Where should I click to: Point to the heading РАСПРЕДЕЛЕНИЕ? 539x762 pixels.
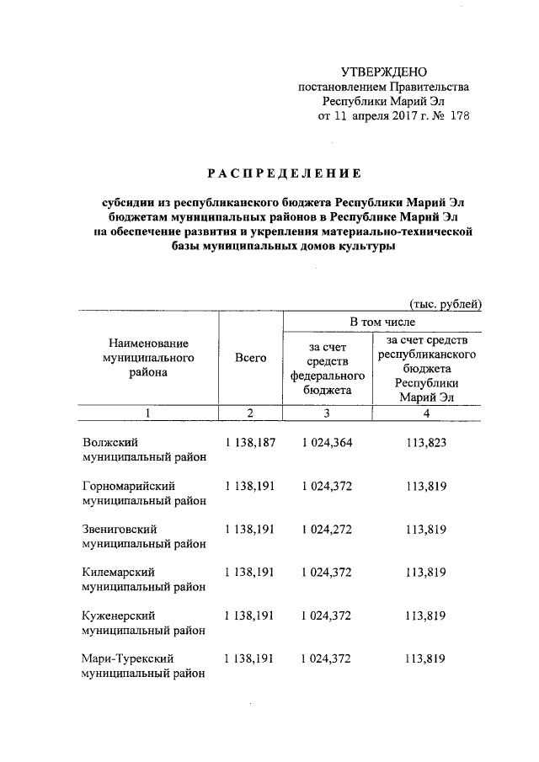coord(284,173)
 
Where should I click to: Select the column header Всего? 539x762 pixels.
coord(250,358)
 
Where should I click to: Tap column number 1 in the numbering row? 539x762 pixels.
coord(147,413)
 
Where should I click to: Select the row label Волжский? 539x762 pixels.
coord(110,442)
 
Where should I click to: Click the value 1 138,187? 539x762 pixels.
coord(250,442)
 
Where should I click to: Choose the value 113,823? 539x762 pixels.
coord(425,442)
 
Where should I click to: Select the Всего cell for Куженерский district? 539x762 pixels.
coord(250,615)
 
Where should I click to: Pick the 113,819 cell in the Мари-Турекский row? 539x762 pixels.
coord(425,659)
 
